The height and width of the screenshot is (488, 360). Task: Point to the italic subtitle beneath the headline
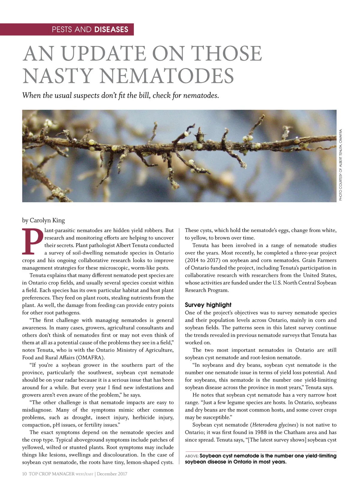tap(120, 95)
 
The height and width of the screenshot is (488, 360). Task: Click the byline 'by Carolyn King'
tap(43, 220)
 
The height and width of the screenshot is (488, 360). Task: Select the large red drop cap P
tap(32, 241)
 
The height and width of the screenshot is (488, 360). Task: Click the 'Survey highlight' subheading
tap(208, 305)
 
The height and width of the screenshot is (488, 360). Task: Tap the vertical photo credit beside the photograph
tap(340, 165)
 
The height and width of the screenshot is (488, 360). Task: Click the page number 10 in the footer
tap(24, 474)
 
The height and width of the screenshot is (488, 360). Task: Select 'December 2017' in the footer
tap(112, 474)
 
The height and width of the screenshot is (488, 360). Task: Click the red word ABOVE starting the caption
tap(191, 456)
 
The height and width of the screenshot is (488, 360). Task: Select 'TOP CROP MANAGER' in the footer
tap(51, 474)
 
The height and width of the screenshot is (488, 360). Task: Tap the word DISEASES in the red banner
tap(111, 29)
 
